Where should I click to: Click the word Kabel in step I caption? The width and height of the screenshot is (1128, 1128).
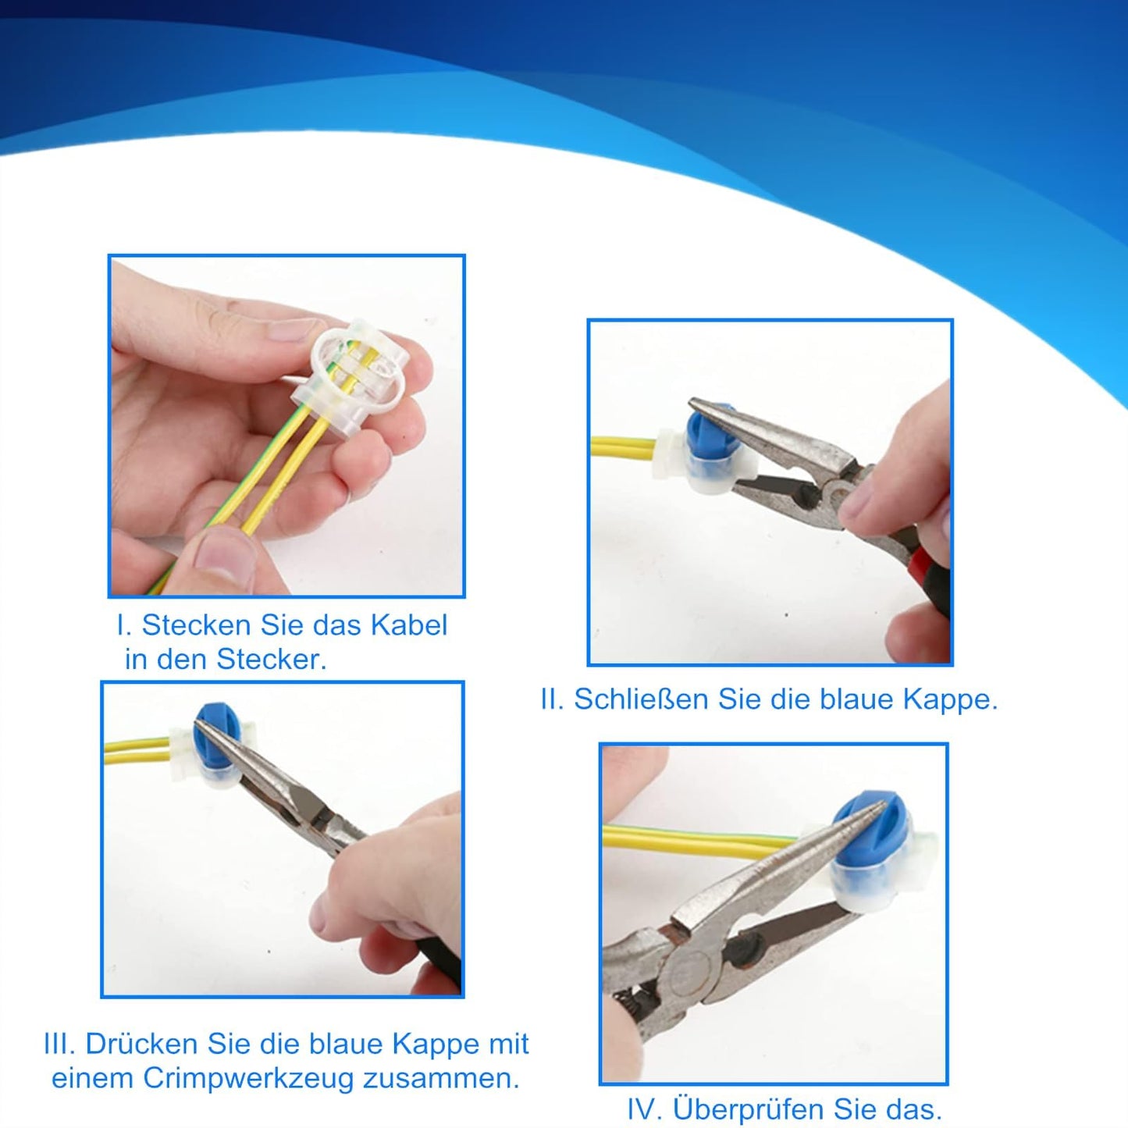coord(408,625)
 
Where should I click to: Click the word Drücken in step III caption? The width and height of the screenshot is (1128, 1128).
coord(142,1044)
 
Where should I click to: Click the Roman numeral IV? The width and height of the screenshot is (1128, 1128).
coord(645,1109)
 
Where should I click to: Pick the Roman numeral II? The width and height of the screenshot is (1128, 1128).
coord(552,699)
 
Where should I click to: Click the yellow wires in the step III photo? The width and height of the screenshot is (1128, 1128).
coord(137,752)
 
